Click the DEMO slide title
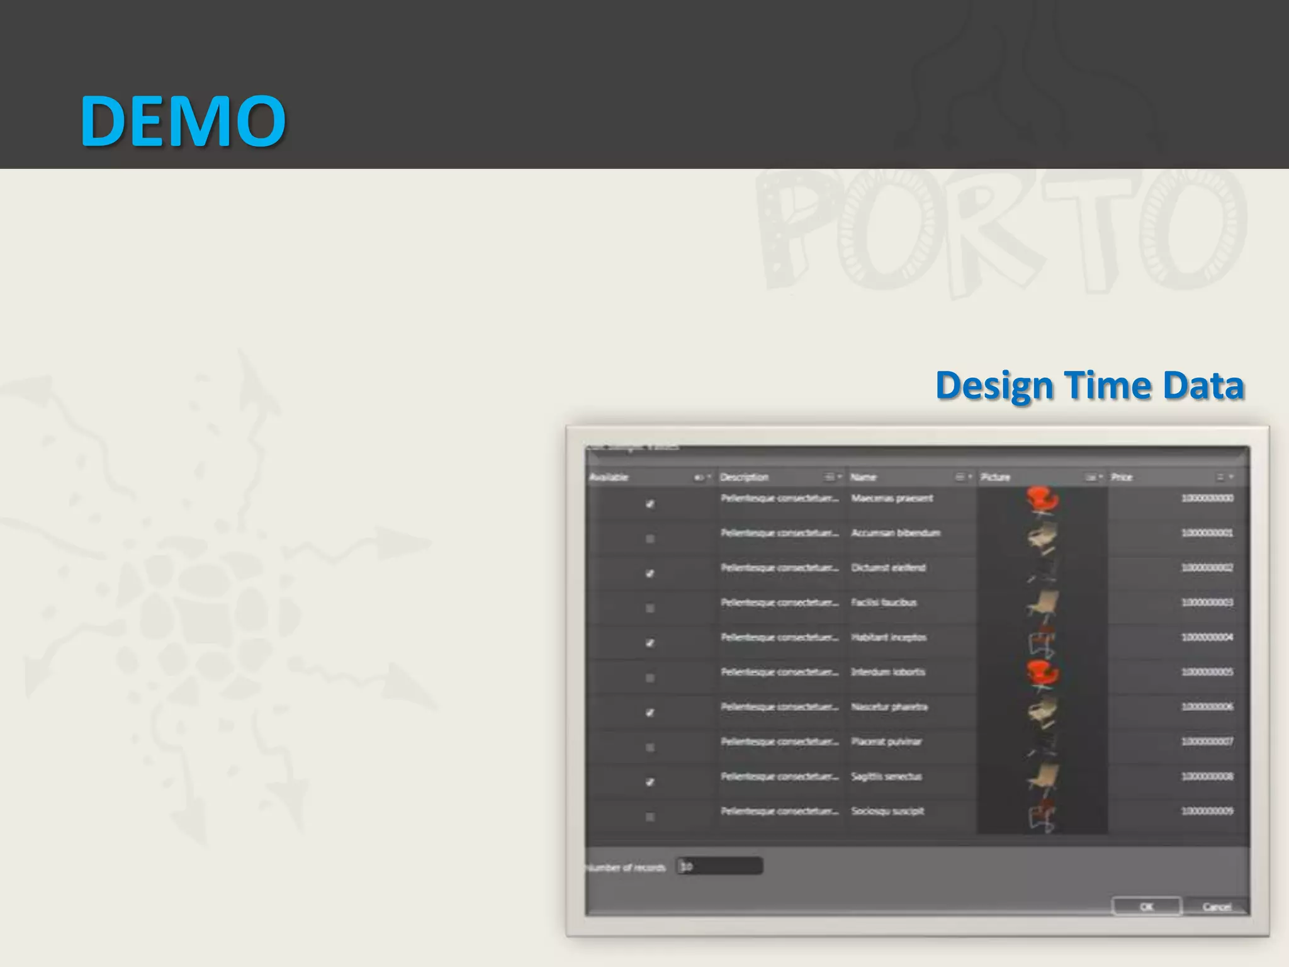pyautogui.click(x=183, y=121)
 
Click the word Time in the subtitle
pyautogui.click(x=1107, y=385)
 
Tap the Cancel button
pyautogui.click(x=1216, y=907)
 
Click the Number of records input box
pyautogui.click(x=720, y=866)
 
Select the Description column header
pyautogui.click(x=745, y=477)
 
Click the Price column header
pyautogui.click(x=1122, y=477)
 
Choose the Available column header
pyautogui.click(x=609, y=477)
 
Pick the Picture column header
pyautogui.click(x=995, y=477)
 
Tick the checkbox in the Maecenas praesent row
pyautogui.click(x=650, y=504)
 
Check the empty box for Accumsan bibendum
pyautogui.click(x=650, y=539)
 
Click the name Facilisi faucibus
pyautogui.click(x=884, y=602)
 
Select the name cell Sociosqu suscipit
pyautogui.click(x=887, y=811)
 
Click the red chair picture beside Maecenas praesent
pyautogui.click(x=1043, y=500)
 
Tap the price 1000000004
pyautogui.click(x=1207, y=637)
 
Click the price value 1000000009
pyautogui.click(x=1207, y=811)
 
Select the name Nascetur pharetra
pyautogui.click(x=889, y=707)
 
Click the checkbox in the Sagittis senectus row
pyautogui.click(x=650, y=782)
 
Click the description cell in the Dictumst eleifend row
pyautogui.click(x=780, y=568)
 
